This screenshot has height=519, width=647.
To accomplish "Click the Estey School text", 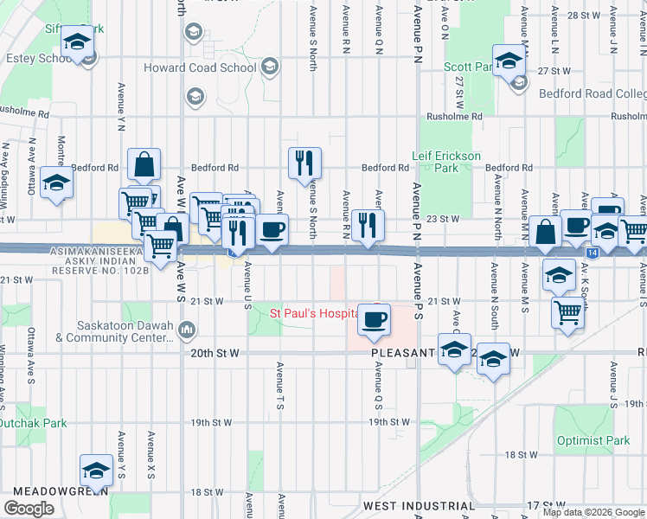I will [x=37, y=59].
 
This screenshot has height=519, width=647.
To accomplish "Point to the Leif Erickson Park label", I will [x=447, y=162].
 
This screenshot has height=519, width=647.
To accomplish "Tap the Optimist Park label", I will [x=593, y=440].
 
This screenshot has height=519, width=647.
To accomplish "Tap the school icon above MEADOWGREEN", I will [x=96, y=470].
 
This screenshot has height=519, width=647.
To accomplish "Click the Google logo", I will [x=29, y=508].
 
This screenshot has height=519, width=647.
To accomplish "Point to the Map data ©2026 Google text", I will [x=593, y=512].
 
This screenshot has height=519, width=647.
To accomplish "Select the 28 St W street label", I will [x=584, y=16].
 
